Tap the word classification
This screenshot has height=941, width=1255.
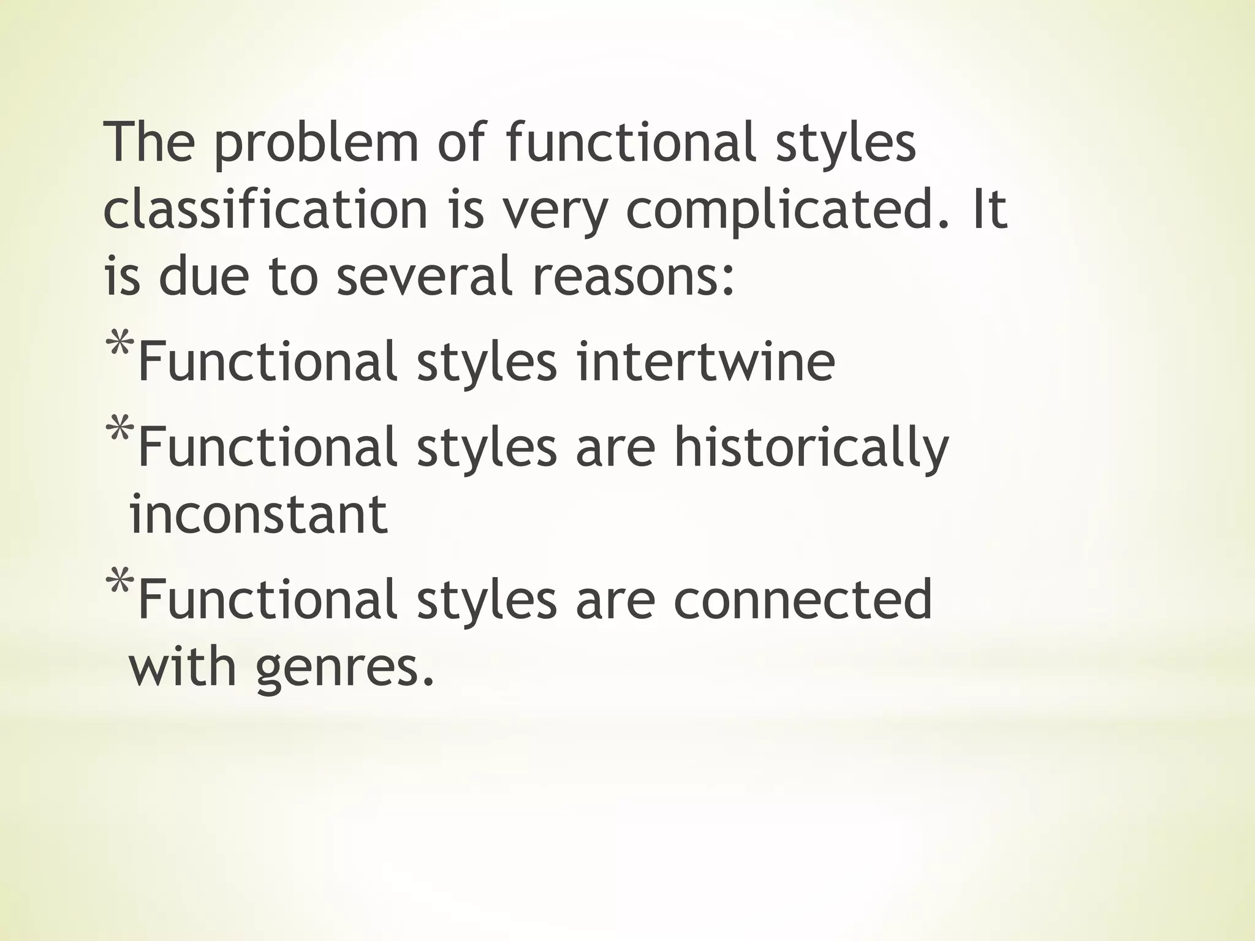(x=265, y=210)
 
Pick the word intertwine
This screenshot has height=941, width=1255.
(x=705, y=361)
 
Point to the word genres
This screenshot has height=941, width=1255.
(x=344, y=668)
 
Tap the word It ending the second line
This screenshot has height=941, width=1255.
(x=989, y=210)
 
